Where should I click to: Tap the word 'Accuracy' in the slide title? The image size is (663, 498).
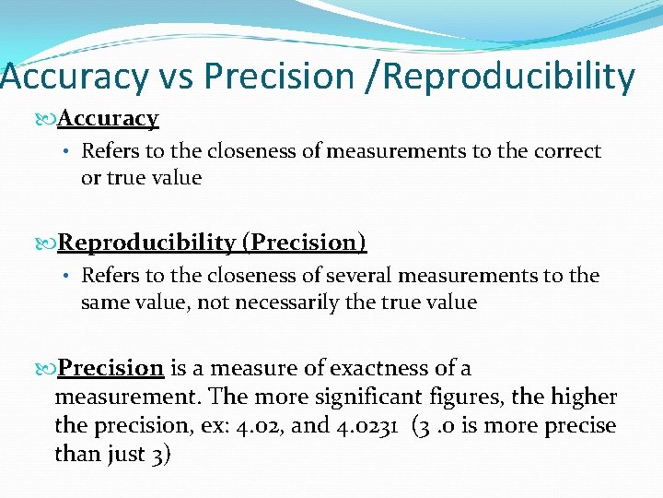pos(74,77)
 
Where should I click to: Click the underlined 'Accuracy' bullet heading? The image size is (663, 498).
pos(108,118)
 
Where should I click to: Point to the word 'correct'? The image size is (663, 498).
pos(564,151)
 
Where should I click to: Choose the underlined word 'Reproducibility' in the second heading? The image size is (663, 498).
pos(146,243)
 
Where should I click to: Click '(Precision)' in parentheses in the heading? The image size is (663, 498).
pos(304,243)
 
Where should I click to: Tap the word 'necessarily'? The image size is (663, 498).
pos(292,302)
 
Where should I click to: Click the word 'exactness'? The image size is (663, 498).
pos(379,369)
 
